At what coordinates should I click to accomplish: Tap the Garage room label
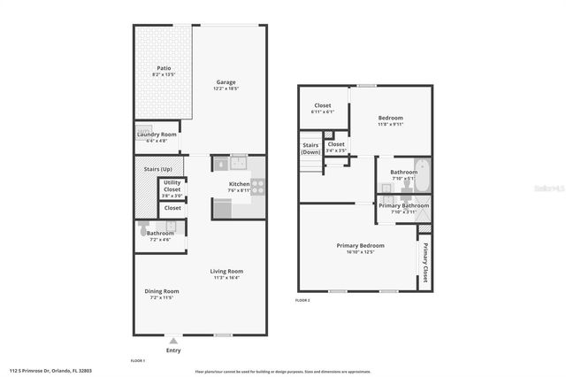pyautogui.click(x=226, y=83)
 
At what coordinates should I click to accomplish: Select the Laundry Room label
pyautogui.click(x=157, y=135)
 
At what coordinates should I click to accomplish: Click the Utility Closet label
pyautogui.click(x=172, y=187)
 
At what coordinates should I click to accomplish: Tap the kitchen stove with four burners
pyautogui.click(x=258, y=186)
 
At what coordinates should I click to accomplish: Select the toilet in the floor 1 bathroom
pyautogui.click(x=143, y=227)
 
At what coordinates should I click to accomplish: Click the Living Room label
pyautogui.click(x=226, y=272)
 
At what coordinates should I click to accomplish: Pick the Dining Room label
pyautogui.click(x=162, y=291)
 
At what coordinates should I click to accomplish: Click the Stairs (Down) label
pyautogui.click(x=310, y=149)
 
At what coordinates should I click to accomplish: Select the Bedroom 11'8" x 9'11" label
pyautogui.click(x=390, y=119)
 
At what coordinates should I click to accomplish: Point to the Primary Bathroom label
pyautogui.click(x=403, y=205)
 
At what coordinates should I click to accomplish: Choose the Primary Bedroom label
pyautogui.click(x=360, y=245)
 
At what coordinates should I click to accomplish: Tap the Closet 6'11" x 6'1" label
pyautogui.click(x=323, y=105)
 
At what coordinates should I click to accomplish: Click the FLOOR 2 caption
pyautogui.click(x=302, y=301)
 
